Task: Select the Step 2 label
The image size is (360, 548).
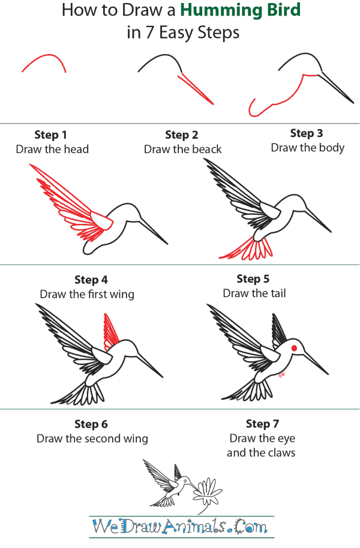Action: (182, 135)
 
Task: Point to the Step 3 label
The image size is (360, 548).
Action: (307, 133)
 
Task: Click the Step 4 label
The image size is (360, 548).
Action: (91, 280)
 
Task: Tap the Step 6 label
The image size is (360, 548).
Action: (91, 424)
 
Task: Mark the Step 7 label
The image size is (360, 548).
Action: (262, 424)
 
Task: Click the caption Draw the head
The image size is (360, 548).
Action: (52, 149)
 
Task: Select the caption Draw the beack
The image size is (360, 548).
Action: (182, 149)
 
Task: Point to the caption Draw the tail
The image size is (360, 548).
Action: (254, 294)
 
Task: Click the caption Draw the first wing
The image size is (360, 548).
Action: (87, 295)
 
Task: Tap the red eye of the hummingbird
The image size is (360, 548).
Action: (294, 348)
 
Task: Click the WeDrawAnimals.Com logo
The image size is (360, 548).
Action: (180, 527)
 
